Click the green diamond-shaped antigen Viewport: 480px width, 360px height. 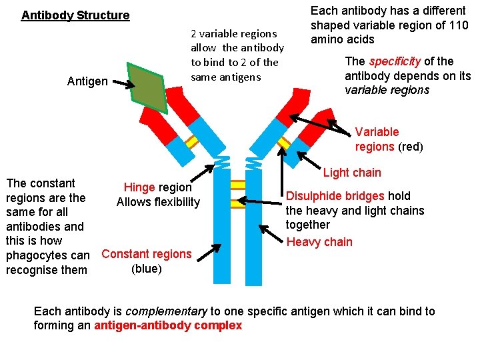[x=147, y=89]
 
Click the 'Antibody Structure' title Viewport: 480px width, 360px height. [x=75, y=15]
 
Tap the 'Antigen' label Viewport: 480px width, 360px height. [x=87, y=81]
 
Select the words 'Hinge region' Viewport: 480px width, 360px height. [x=158, y=188]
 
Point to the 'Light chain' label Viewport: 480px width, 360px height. [x=352, y=173]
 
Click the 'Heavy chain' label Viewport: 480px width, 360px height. [x=319, y=242]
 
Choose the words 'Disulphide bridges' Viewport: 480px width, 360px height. [x=335, y=196]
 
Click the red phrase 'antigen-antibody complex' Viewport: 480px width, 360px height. [x=169, y=325]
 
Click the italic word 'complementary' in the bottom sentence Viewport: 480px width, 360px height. [x=167, y=311]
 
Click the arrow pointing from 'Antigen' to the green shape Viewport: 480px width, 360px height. [x=122, y=83]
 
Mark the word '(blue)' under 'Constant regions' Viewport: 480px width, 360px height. [x=146, y=268]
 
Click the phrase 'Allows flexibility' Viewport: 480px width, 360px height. [x=158, y=202]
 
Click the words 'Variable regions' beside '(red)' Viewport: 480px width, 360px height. [x=377, y=139]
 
